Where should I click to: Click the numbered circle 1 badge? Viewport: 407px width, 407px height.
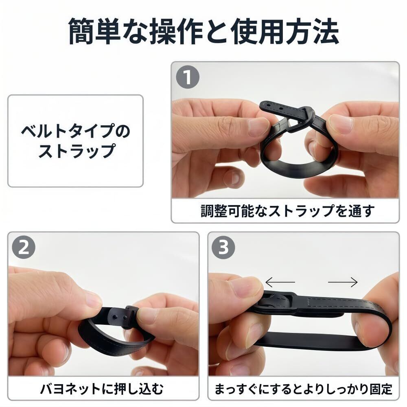coord(188,77)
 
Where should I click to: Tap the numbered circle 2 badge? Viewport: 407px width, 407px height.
coord(24,247)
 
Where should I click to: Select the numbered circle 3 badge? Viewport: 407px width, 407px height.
coord(223,247)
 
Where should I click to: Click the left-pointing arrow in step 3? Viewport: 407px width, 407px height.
coord(280,282)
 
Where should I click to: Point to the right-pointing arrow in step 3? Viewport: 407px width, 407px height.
coord(343,282)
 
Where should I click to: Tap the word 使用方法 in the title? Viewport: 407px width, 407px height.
coord(285,31)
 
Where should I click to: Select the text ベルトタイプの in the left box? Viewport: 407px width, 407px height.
coord(76,131)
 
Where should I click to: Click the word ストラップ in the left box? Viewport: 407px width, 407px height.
coord(77,151)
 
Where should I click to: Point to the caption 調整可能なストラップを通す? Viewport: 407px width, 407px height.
coord(288,211)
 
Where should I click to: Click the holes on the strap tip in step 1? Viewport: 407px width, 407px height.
coord(274,106)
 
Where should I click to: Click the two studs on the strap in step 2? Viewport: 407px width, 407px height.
coord(120,317)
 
